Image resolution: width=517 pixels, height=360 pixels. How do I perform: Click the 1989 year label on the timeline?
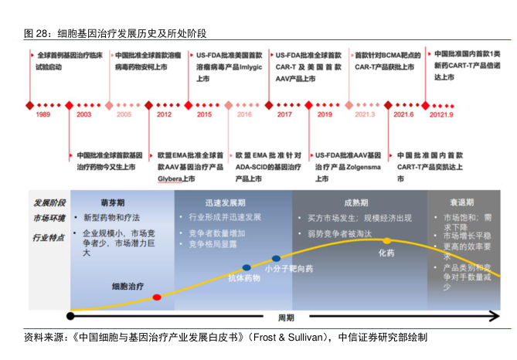(x=43, y=114)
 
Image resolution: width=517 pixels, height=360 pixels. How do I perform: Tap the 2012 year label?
(x=164, y=114)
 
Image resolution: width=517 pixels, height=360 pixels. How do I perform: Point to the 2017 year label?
(x=284, y=114)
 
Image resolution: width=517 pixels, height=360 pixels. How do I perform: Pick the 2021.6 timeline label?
(x=403, y=114)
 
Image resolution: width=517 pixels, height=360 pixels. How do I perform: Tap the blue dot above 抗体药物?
(x=247, y=267)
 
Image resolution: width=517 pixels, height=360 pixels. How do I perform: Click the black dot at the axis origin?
(x=71, y=315)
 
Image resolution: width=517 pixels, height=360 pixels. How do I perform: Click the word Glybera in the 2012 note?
(x=174, y=178)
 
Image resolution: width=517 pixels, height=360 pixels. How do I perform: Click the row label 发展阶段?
(x=49, y=203)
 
